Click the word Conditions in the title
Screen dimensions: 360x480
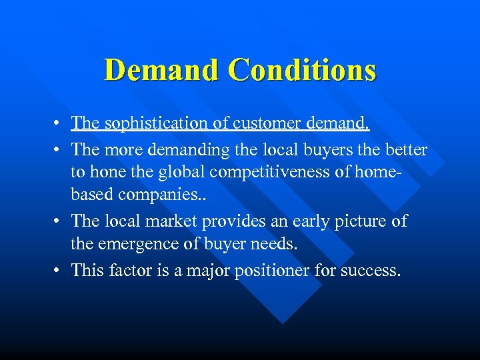302,69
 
